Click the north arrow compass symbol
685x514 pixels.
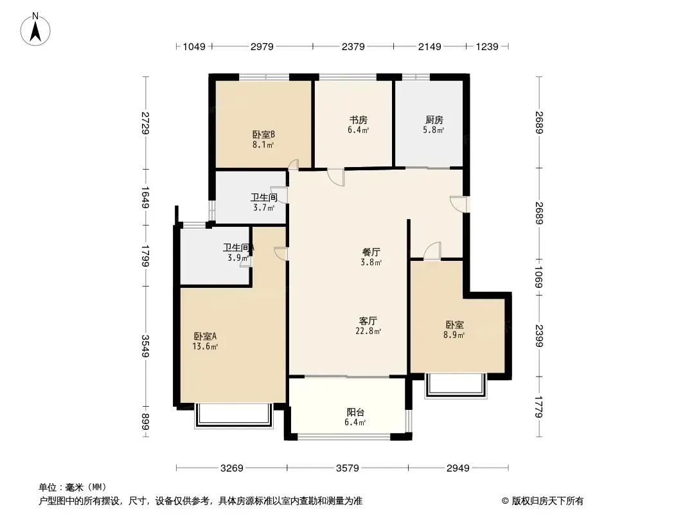pyautogui.click(x=35, y=30)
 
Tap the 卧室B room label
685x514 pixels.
pyautogui.click(x=263, y=134)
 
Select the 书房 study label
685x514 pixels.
pyautogui.click(x=358, y=120)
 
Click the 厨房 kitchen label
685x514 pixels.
pyautogui.click(x=434, y=120)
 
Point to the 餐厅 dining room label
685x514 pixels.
pyautogui.click(x=371, y=252)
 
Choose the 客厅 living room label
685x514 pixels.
pyautogui.click(x=368, y=321)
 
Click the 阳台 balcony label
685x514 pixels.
pyautogui.click(x=355, y=412)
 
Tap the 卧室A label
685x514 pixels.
pyautogui.click(x=206, y=336)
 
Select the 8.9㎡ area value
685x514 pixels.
pyautogui.click(x=454, y=335)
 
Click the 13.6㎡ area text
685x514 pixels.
pyautogui.click(x=206, y=347)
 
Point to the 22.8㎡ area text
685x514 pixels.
pyautogui.click(x=368, y=331)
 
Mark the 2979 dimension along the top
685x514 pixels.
pyautogui.click(x=262, y=46)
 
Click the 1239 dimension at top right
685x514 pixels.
pyautogui.click(x=487, y=46)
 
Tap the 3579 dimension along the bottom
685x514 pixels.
pyautogui.click(x=348, y=468)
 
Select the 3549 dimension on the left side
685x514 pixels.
pyautogui.click(x=145, y=346)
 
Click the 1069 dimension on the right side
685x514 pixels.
pyautogui.click(x=538, y=278)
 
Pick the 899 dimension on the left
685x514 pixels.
pyautogui.click(x=145, y=421)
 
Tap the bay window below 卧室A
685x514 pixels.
pyautogui.click(x=234, y=416)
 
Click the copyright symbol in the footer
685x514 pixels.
pyautogui.click(x=505, y=501)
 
